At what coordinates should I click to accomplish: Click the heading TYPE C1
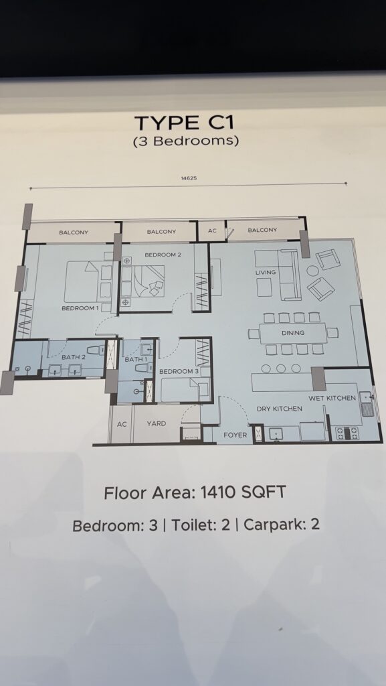184,123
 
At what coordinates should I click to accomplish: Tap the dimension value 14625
189,178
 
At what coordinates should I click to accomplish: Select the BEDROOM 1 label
80,308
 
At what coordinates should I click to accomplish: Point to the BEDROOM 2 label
163,255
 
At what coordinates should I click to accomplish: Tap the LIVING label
266,272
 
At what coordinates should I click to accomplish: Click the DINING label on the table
293,333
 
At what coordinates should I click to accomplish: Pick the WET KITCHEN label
332,398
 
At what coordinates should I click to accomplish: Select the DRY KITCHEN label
280,409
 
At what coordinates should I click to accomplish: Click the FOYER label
235,435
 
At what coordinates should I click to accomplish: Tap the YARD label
157,423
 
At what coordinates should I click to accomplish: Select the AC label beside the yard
122,424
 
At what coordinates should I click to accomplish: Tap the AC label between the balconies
212,230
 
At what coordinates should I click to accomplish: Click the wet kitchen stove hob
347,433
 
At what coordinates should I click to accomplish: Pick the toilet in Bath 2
96,350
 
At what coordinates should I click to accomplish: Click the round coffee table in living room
312,271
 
